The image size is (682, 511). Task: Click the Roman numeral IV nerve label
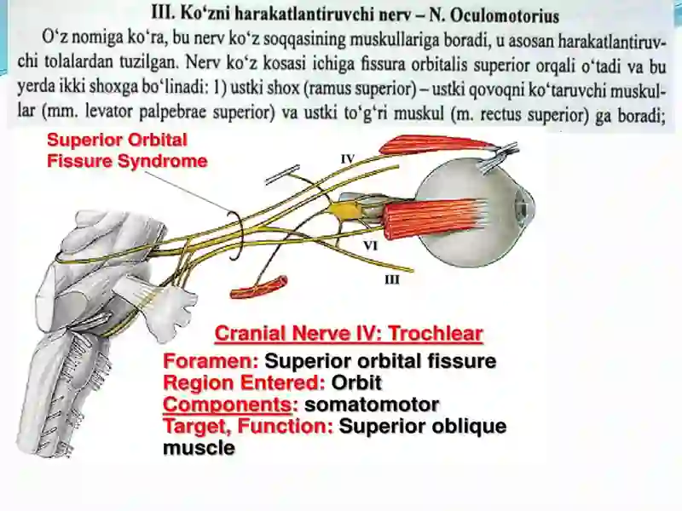(348, 159)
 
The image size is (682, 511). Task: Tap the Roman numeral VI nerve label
(370, 246)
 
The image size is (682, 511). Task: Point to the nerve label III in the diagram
(392, 280)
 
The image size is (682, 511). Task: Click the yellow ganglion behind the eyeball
(346, 210)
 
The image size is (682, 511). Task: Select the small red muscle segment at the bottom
(259, 289)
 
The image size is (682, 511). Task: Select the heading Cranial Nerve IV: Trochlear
(349, 334)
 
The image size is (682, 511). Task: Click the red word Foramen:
(211, 361)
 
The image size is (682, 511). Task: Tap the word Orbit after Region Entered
(356, 382)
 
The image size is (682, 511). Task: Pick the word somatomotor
(372, 405)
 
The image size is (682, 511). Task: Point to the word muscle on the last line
(199, 448)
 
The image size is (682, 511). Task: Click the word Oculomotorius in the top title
(505, 16)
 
